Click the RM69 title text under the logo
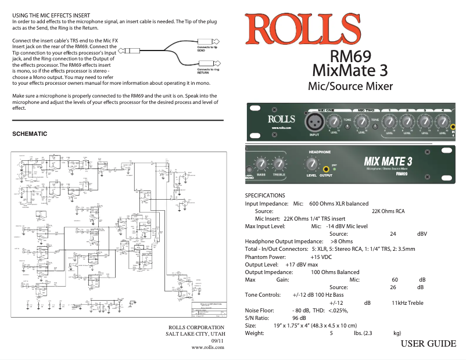point(350,56)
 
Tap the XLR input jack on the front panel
point(314,121)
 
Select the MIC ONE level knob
point(334,122)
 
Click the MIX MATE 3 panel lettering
point(388,160)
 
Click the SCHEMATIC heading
point(30,134)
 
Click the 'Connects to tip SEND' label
point(208,48)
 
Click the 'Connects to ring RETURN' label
point(208,71)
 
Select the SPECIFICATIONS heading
point(265,196)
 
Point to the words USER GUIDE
point(428,344)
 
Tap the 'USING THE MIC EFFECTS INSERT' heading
point(51,14)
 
